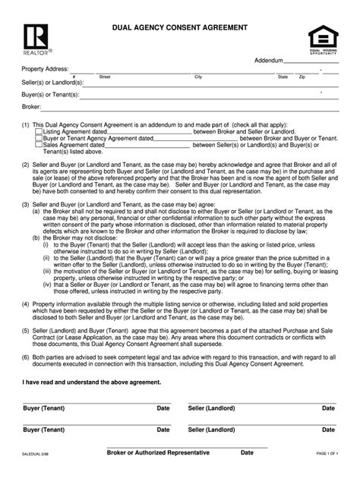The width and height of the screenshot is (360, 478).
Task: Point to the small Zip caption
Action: (x=302, y=77)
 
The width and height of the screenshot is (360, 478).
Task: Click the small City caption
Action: (x=198, y=77)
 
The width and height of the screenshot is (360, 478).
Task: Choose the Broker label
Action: (x=32, y=107)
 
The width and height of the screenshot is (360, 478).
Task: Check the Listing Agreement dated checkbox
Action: (x=39, y=131)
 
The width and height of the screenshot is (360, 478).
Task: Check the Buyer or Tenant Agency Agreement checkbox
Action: (x=39, y=138)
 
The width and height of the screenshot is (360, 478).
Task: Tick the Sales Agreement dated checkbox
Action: (x=39, y=145)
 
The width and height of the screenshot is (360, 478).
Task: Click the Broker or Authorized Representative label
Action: (x=158, y=453)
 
